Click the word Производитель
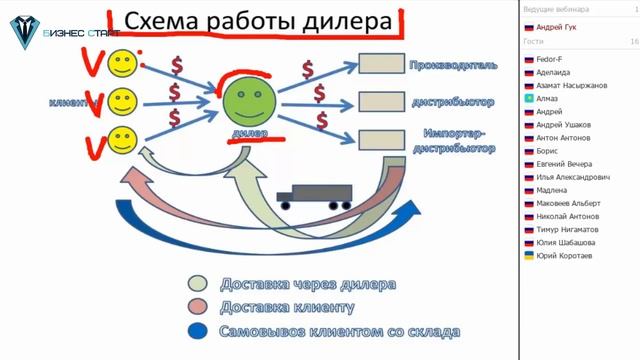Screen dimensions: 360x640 pos(452,65)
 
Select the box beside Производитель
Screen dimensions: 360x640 pos(380,64)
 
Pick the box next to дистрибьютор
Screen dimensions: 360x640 pos(380,102)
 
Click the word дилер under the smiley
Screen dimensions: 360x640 pos(247,133)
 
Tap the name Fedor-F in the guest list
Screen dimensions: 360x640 pos(552,60)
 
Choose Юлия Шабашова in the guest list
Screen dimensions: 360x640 pos(566,242)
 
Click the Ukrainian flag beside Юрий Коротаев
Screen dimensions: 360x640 pos(528,256)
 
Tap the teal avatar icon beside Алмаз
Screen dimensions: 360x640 pos(528,99)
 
